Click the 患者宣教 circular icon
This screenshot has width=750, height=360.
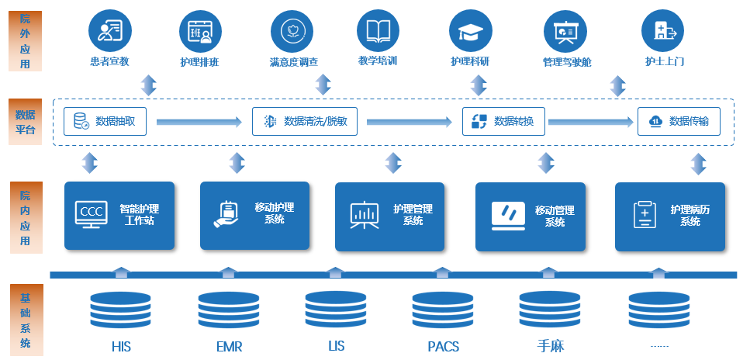coord(110,30)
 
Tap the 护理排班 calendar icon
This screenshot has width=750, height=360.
coord(200,30)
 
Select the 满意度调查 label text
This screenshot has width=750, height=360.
coord(293,62)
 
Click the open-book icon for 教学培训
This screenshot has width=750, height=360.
coord(378,30)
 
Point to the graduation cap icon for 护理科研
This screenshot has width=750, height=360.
coord(470,30)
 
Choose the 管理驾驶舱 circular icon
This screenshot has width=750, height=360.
coord(565,30)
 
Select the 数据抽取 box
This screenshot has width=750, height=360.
coord(105,121)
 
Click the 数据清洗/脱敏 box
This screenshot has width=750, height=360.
coord(305,121)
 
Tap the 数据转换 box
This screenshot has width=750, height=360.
coord(503,121)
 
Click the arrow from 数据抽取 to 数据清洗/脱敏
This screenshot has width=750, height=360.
coord(199,122)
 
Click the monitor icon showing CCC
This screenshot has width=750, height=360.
coord(91,213)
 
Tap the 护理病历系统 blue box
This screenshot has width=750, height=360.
coord(669,216)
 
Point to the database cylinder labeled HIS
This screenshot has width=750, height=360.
coord(120,310)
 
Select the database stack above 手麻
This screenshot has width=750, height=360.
coord(550,310)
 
